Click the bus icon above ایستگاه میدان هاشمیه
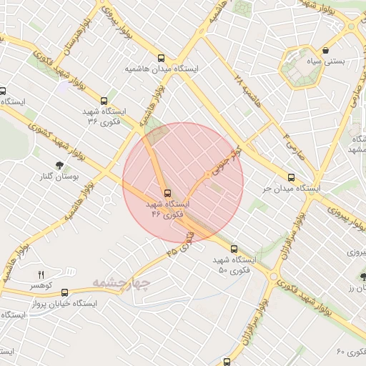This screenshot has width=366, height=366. (x=161, y=59)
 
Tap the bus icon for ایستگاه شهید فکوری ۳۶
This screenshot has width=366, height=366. (x=104, y=101)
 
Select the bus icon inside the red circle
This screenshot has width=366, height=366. (x=167, y=193)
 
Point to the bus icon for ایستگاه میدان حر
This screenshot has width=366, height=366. (x=291, y=177)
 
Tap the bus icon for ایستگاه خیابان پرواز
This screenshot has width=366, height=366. (x=65, y=292)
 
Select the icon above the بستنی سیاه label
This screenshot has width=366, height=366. (x=326, y=51)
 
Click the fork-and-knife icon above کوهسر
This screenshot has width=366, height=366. (x=40, y=274)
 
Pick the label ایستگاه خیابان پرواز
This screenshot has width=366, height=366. (x=66, y=302)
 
